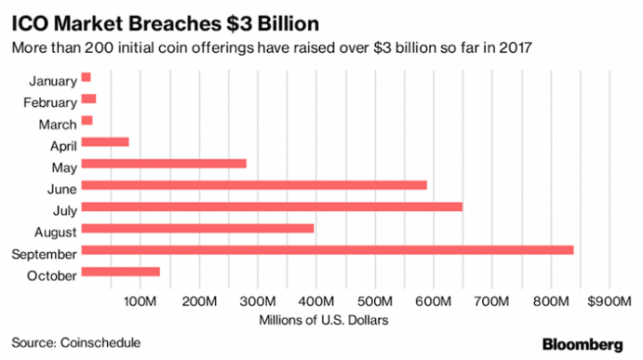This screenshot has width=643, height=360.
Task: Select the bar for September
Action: (327, 250)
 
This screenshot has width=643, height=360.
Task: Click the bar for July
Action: (271, 207)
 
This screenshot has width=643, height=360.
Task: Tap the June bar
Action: (254, 186)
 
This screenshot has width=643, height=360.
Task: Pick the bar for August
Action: (197, 229)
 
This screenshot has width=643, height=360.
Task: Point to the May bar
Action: (163, 163)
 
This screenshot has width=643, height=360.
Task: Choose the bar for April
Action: (104, 142)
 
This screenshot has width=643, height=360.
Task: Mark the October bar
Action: (121, 272)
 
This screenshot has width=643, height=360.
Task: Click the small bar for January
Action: (86, 78)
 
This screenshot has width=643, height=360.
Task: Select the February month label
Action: (49, 102)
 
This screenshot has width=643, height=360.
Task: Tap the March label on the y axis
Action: (58, 124)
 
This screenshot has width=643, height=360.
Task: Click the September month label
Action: (43, 254)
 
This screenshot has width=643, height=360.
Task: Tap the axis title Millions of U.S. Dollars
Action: (324, 319)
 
